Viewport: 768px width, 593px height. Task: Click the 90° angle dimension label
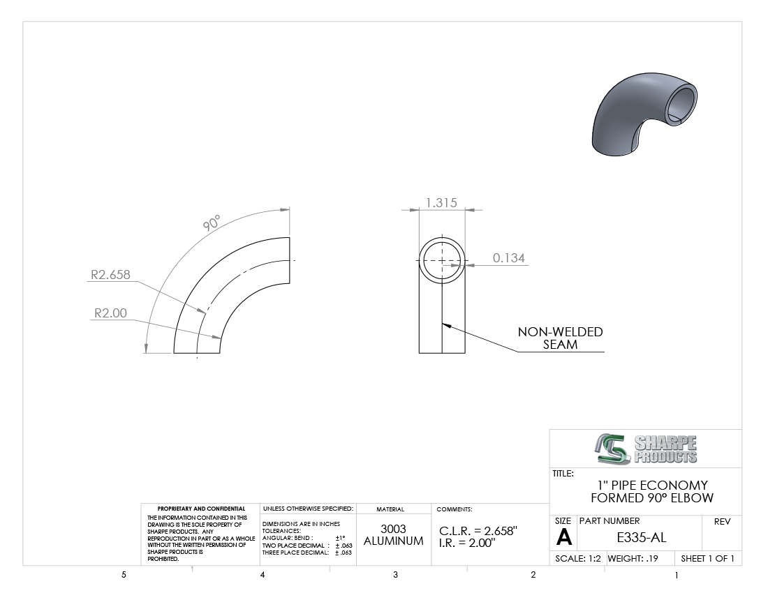click(212, 223)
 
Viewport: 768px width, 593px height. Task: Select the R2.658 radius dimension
click(111, 274)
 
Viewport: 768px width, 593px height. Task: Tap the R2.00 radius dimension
click(110, 313)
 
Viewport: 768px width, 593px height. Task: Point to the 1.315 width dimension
click(441, 202)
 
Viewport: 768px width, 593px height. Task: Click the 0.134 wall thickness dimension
click(509, 258)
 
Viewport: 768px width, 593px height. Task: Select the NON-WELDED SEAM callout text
click(561, 338)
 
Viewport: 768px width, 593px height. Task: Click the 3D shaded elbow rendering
click(644, 114)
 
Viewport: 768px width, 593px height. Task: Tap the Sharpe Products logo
click(646, 449)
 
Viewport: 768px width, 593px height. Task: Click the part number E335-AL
click(641, 538)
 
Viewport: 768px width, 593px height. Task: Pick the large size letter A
click(563, 538)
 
